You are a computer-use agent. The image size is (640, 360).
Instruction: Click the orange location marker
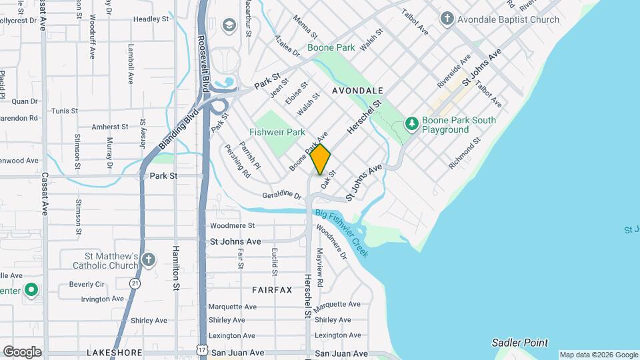(x=320, y=159)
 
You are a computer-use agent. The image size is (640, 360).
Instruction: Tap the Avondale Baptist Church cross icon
(x=447, y=19)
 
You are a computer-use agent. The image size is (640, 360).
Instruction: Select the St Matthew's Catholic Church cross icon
(x=148, y=260)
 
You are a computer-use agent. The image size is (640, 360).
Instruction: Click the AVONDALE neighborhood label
(x=357, y=90)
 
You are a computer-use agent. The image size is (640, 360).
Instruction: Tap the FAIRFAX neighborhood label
(x=272, y=290)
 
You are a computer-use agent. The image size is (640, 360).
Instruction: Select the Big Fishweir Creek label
(x=341, y=229)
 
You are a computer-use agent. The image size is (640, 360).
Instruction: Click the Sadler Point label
(x=519, y=343)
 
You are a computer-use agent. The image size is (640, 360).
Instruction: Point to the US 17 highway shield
(x=202, y=349)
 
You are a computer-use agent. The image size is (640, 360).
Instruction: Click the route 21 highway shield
(x=136, y=283)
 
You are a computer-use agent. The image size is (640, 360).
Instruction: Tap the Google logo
(x=21, y=351)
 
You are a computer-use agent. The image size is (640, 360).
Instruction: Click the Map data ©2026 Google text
(x=599, y=355)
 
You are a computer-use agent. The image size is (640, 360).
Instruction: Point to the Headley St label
(x=151, y=19)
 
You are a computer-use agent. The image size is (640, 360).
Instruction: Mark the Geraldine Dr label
(x=283, y=194)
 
